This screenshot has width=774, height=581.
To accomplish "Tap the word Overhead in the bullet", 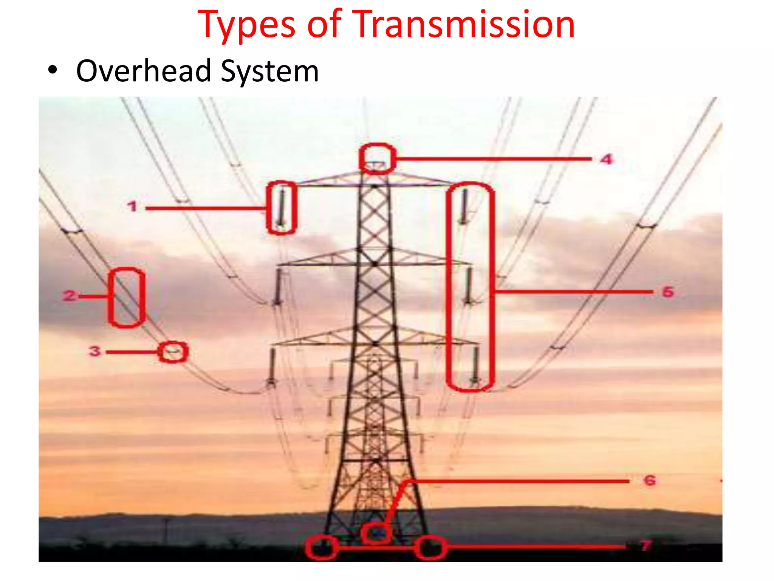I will coord(144,71).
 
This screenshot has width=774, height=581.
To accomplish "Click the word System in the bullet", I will coord(269,71).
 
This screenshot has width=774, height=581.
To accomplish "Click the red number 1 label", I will coord(132,207).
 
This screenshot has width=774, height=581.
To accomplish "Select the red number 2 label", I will coord(70,295).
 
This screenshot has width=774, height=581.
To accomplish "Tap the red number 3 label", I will coord(94,351).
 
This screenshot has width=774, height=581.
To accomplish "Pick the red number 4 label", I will coord(607,159).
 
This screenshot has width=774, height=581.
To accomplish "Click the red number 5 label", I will coord(668,292).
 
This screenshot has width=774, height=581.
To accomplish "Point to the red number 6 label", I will coord(649,480).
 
